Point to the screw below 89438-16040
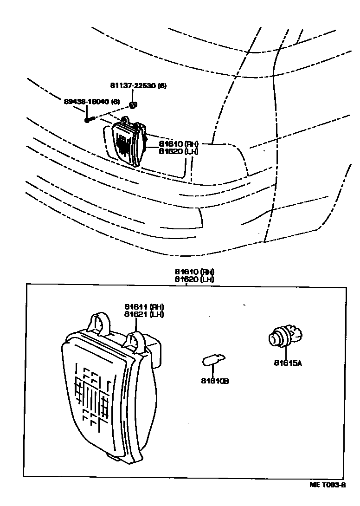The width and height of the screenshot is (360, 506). pyautogui.click(x=89, y=120)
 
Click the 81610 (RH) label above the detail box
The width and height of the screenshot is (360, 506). pyautogui.click(x=194, y=272)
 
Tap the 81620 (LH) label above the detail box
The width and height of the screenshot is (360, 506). pyautogui.click(x=194, y=279)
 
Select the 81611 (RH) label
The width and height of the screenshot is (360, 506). pyautogui.click(x=144, y=307)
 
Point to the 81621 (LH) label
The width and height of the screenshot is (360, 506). pyautogui.click(x=144, y=314)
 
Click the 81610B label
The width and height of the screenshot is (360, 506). pyautogui.click(x=215, y=381)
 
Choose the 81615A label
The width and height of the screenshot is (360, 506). pyautogui.click(x=288, y=363)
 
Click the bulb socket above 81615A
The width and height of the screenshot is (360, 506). pyautogui.click(x=284, y=337)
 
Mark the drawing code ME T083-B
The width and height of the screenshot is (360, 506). pyautogui.click(x=328, y=485)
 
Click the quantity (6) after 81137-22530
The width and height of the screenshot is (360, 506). pyautogui.click(x=162, y=85)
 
